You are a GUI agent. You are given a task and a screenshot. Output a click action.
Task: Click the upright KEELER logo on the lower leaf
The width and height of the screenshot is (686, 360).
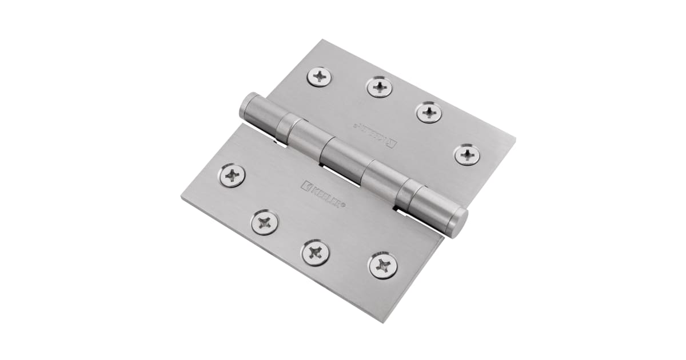[x=323, y=195]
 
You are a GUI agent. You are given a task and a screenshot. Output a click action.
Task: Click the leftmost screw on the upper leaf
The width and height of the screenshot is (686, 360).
[x=319, y=77]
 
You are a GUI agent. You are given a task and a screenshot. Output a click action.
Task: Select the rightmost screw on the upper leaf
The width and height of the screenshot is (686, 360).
[x=467, y=154]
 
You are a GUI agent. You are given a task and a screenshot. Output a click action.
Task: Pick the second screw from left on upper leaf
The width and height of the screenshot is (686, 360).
[x=378, y=87]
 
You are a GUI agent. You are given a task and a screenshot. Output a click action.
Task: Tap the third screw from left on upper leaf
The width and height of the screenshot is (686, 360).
[x=429, y=111]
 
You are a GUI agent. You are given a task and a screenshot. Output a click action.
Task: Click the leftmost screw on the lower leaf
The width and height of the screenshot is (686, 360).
[x=232, y=175]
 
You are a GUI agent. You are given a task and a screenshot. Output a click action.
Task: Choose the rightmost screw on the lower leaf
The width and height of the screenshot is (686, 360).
[x=383, y=265]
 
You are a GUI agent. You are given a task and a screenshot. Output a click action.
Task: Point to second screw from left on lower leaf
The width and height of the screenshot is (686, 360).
[x=265, y=222]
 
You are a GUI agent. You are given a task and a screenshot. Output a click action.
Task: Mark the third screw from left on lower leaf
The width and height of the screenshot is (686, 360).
[x=316, y=252]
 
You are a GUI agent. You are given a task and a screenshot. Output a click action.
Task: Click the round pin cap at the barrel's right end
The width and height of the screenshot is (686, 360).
[x=458, y=222]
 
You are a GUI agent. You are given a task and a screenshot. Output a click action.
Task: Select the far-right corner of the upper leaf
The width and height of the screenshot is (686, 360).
[x=514, y=139]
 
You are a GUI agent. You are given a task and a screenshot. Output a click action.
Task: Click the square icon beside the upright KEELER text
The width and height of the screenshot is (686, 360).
[x=306, y=186]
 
